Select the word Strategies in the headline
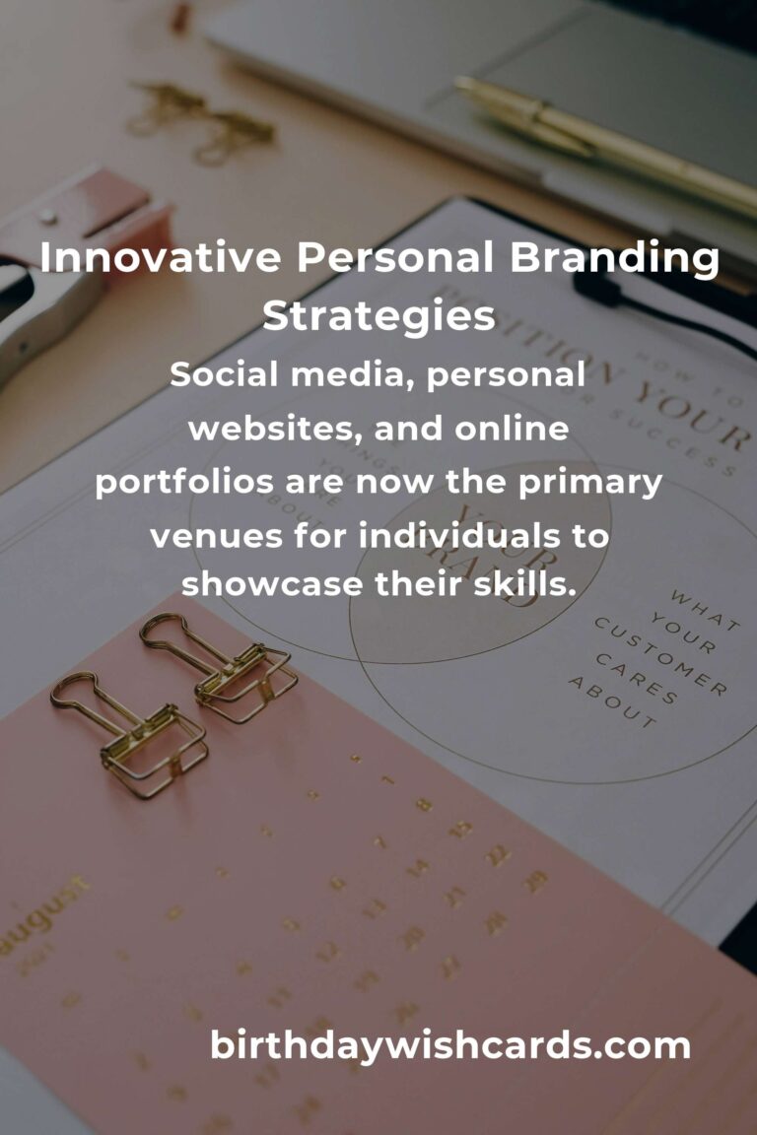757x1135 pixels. click(378, 316)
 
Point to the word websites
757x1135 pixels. click(257, 430)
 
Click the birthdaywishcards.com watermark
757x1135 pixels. click(450, 1045)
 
